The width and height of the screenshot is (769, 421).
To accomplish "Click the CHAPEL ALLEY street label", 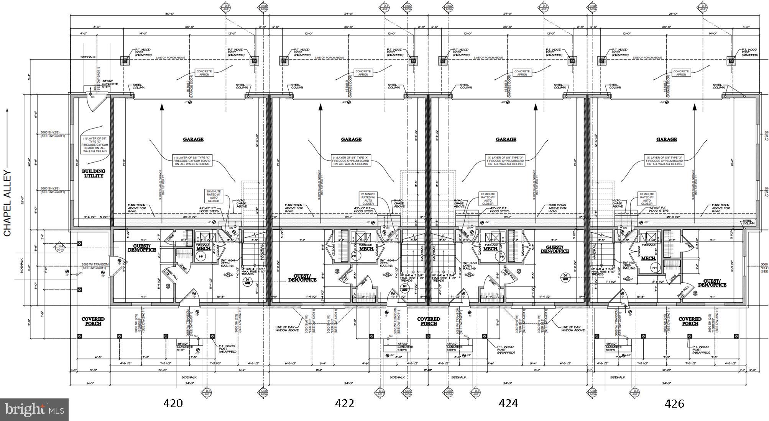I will pyautogui.click(x=8, y=203).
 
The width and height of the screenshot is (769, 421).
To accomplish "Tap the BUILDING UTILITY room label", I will pyautogui.click(x=94, y=173).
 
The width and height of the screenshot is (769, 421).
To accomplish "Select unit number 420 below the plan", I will pyautogui.click(x=173, y=403).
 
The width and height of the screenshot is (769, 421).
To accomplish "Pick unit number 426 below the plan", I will pyautogui.click(x=674, y=403).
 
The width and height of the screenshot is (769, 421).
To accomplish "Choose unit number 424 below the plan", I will pyautogui.click(x=508, y=403).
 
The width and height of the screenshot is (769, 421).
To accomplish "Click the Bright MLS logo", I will pyautogui.click(x=34, y=410).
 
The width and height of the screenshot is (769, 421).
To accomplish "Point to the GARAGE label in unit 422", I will pyautogui.click(x=351, y=139).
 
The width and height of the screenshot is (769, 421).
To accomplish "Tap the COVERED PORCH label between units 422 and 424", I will pyautogui.click(x=429, y=321).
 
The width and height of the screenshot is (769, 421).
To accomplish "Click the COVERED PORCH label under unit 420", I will pyautogui.click(x=93, y=321).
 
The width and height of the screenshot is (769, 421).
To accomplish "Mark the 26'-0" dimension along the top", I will pyautogui.click(x=673, y=14).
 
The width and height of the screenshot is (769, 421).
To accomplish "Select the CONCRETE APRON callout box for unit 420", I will pyautogui.click(x=204, y=73).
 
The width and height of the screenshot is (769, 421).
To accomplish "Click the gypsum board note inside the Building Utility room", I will pyautogui.click(x=94, y=145).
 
